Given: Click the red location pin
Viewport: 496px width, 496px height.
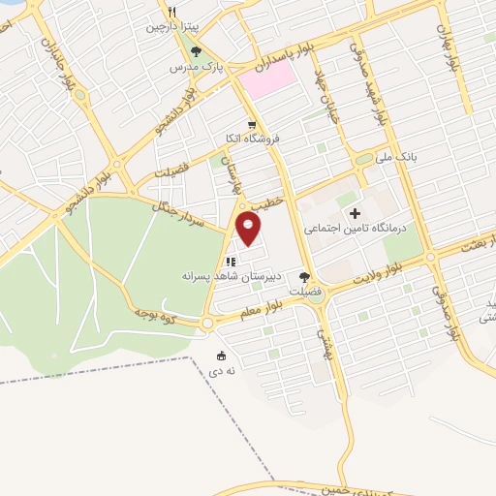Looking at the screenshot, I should pos(249,229).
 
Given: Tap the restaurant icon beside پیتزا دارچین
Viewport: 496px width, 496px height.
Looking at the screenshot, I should pos(171,13).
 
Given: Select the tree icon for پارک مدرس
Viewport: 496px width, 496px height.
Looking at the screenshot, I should pos(197,51).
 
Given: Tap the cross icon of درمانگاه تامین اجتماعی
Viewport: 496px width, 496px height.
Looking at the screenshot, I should pos(355,213).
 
